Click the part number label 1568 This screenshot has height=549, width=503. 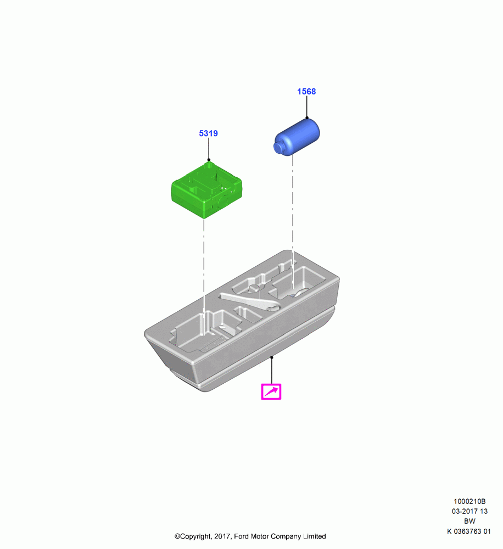pyautogui.click(x=306, y=91)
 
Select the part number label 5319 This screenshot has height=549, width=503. pyautogui.click(x=209, y=133)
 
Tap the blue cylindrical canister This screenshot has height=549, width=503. pyautogui.click(x=297, y=137)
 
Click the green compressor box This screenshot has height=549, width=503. pyautogui.click(x=206, y=189)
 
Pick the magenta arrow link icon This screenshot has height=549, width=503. pyautogui.click(x=271, y=391)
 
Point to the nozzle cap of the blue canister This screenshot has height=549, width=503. pyautogui.click(x=278, y=148)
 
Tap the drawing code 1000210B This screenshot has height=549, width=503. pyautogui.click(x=470, y=501)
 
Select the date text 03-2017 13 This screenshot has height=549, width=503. pyautogui.click(x=470, y=511)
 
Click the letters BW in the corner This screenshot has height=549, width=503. pyautogui.click(x=470, y=522)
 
